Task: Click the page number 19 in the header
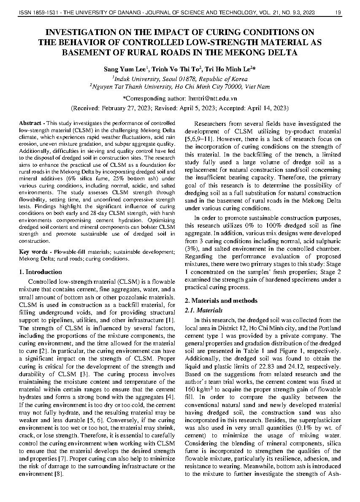338,13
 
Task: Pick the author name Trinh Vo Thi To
174,69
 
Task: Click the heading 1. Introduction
41,272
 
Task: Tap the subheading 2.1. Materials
204,310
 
